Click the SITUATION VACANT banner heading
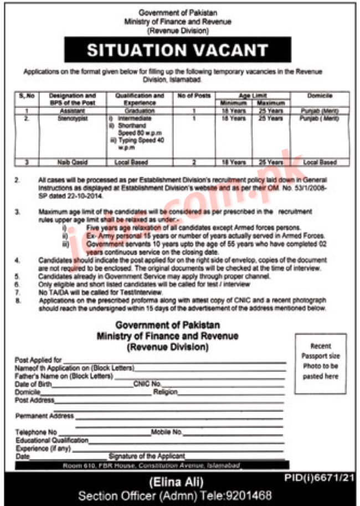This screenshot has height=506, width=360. [178, 50]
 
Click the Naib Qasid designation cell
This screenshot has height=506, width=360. [72, 162]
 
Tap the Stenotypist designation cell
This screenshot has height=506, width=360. [72, 118]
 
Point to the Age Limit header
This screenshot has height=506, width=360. [252, 95]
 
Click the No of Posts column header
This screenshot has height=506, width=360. [194, 95]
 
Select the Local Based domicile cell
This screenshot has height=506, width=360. [318, 162]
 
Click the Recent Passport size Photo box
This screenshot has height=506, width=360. [321, 361]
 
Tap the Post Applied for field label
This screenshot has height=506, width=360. [39, 360]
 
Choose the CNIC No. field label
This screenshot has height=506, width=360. [147, 383]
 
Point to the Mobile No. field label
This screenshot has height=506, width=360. [167, 431]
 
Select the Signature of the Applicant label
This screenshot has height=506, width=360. [147, 456]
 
